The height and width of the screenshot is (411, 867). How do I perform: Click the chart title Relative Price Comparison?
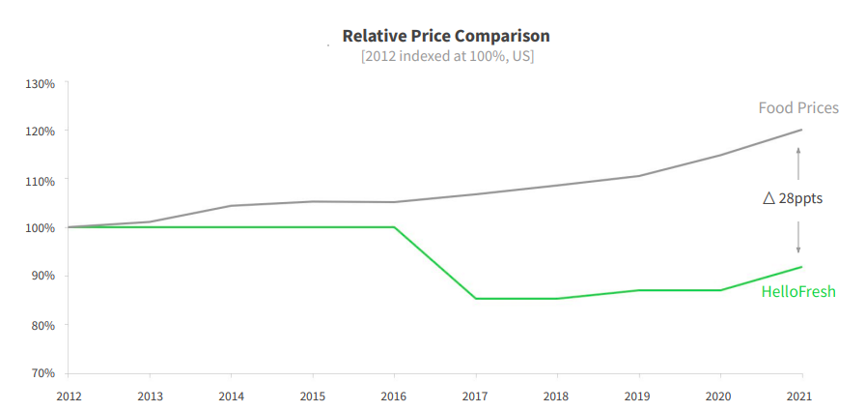(x=446, y=36)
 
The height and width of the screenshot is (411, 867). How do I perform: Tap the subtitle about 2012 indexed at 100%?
(x=447, y=56)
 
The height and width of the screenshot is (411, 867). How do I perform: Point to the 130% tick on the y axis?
(x=41, y=83)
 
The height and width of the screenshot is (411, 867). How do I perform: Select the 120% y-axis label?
(x=41, y=132)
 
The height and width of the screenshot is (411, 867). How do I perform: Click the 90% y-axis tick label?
(x=42, y=277)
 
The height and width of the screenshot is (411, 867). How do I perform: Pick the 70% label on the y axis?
(x=42, y=372)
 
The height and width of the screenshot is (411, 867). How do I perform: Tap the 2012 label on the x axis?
(x=69, y=396)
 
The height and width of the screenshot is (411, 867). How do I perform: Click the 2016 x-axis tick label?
(x=394, y=396)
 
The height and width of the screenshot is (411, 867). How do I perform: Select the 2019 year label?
(x=638, y=396)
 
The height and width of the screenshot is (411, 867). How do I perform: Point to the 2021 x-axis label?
(x=800, y=396)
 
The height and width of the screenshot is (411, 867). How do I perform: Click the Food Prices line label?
(x=798, y=107)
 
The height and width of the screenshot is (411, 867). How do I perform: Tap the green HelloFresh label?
(x=798, y=291)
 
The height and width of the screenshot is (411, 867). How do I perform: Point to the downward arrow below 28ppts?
(x=798, y=238)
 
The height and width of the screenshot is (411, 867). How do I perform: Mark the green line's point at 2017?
(x=476, y=298)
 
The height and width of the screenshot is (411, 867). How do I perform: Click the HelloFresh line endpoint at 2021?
(x=801, y=267)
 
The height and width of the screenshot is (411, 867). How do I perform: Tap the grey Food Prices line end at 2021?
(x=801, y=130)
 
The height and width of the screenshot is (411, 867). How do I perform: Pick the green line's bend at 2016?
(x=394, y=227)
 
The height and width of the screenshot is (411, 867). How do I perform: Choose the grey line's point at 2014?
(x=231, y=206)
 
